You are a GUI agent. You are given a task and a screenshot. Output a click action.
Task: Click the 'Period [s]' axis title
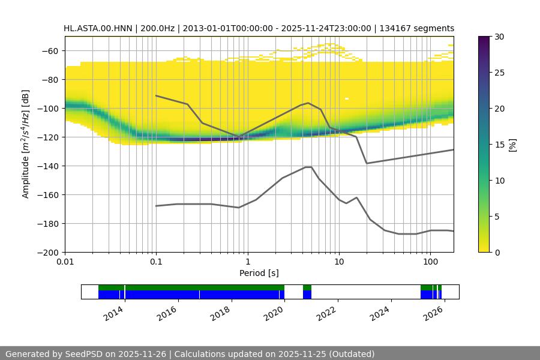tap(259, 273)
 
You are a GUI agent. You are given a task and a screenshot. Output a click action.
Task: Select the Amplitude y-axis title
tap(25, 144)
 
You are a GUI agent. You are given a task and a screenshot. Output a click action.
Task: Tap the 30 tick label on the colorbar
tap(499, 37)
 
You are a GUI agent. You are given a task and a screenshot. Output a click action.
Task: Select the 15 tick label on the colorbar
tap(499, 145)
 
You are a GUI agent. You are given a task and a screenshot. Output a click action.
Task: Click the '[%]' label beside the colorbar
tap(512, 145)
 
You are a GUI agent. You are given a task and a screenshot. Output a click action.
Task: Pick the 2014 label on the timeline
tap(113, 313)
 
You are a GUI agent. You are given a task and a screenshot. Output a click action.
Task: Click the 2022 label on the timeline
tap(326, 313)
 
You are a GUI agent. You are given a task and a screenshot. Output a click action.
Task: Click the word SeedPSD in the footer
tap(82, 354)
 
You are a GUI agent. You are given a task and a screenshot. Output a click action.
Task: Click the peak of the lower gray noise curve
tap(308, 167)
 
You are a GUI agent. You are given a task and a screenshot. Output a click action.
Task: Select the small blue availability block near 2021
tap(307, 295)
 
